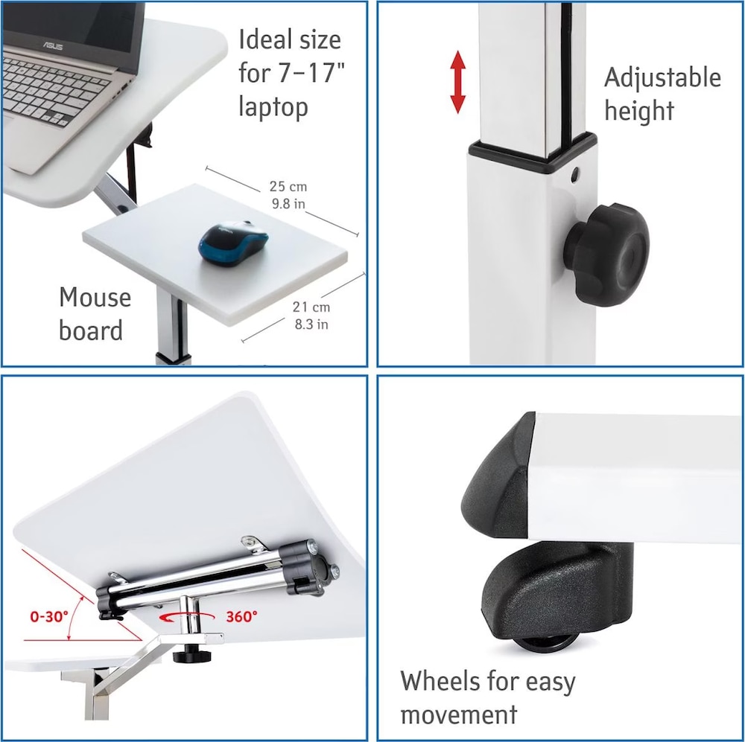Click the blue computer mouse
coord(233,243)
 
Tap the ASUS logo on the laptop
coord(53,45)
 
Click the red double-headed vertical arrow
coord(457,82)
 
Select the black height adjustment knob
coord(606,255)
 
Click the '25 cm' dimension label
coord(288,186)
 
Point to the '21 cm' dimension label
coord(311,307)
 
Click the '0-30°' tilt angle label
coord(49,617)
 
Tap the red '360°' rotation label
coord(242,617)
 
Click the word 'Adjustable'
coord(662,79)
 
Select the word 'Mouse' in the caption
coord(95,298)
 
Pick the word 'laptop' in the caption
coord(273,107)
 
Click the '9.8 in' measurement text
coord(288,204)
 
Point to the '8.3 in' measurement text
coord(311,324)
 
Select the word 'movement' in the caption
coord(458,714)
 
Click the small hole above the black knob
coord(575,173)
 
